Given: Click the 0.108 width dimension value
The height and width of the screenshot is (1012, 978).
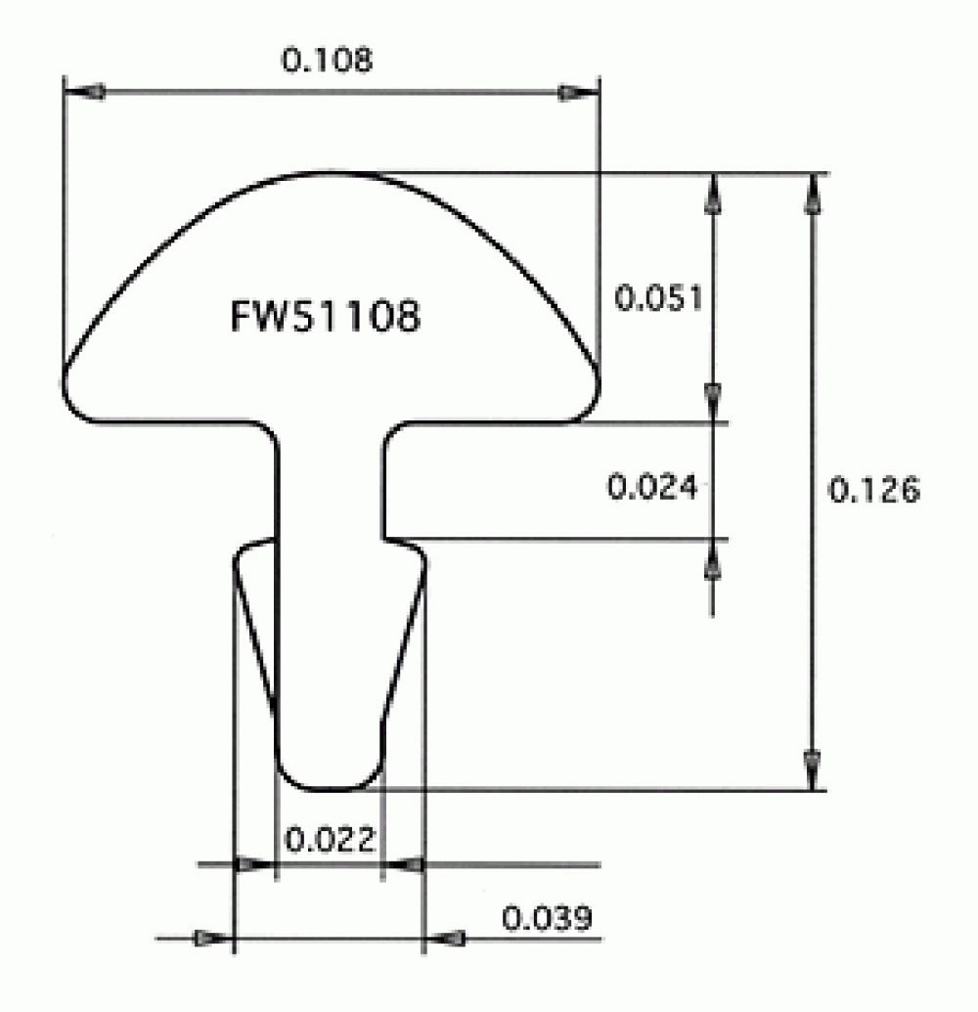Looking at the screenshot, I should pos(327,61).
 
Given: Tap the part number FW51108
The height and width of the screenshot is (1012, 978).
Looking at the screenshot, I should pos(325,317).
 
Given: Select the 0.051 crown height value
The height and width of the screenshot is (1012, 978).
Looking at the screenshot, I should pos(658,297).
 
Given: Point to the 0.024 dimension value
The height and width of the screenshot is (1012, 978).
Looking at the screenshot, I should pos(652,486).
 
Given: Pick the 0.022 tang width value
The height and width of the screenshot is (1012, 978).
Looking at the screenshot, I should pos(329,839).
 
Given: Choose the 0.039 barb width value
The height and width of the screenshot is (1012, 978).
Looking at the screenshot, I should pos(547,919).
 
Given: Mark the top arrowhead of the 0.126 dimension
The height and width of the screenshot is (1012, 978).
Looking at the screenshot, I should pos(811,193).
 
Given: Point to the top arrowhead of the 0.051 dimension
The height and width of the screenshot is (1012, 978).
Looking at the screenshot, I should pos(713,193).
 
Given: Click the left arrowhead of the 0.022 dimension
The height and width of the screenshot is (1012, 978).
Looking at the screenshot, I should pos(252,864).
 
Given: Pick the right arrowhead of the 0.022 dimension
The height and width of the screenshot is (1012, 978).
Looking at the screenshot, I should pos(405,864).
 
